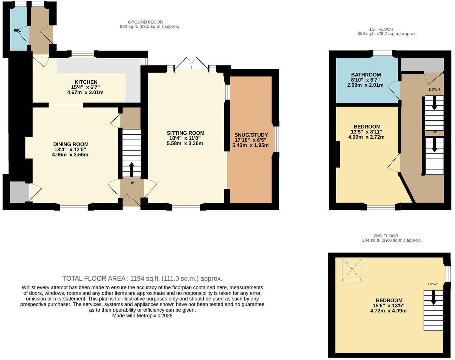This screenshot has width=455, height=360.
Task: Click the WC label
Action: [17, 30]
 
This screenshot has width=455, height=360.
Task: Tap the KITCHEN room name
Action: [86, 82]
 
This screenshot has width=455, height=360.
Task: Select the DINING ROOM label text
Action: [71, 144]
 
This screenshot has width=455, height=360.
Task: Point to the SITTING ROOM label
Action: [186, 133]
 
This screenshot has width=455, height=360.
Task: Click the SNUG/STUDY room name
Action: [251, 135]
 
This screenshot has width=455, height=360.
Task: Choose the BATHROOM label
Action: [366, 75]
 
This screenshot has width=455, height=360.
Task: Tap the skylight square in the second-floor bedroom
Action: [352, 269]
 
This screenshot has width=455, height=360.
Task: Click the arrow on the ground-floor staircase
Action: [132, 169]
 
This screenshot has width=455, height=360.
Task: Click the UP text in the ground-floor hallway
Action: [132, 183]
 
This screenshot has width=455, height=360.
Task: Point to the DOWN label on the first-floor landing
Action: [434, 89]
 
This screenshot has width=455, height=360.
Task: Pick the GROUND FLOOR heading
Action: [145, 22]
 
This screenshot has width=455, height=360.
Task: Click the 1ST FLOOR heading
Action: [381, 29]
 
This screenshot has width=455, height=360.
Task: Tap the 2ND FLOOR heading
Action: [386, 236]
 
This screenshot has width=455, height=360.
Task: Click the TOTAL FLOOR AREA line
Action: [142, 279]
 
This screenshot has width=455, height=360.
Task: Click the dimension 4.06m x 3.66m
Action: [70, 154]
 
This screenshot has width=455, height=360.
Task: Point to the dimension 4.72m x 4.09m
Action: [388, 311]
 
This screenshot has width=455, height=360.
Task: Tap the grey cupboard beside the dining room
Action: [19, 192]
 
